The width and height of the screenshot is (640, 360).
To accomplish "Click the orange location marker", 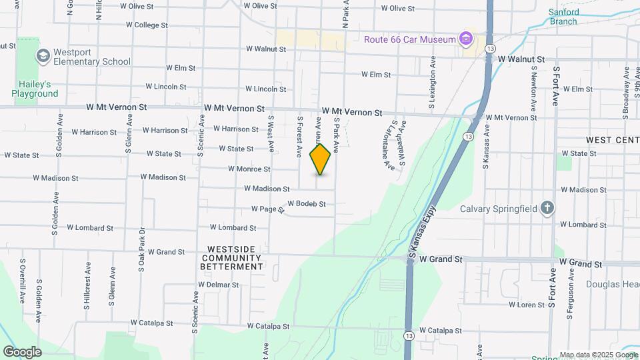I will (321, 159).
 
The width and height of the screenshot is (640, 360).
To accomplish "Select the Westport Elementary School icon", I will (44, 55).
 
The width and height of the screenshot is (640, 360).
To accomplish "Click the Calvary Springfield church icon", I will (547, 207).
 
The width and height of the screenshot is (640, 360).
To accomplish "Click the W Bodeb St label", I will (307, 204).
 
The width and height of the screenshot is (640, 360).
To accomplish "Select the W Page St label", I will (268, 209).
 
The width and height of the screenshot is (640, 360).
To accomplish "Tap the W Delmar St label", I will (218, 285).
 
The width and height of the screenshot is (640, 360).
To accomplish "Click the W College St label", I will (147, 25).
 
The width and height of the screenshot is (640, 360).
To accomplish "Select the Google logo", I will (22, 352).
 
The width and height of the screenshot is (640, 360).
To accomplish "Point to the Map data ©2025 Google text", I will (599, 355).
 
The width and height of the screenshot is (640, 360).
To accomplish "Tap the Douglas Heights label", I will (612, 284).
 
